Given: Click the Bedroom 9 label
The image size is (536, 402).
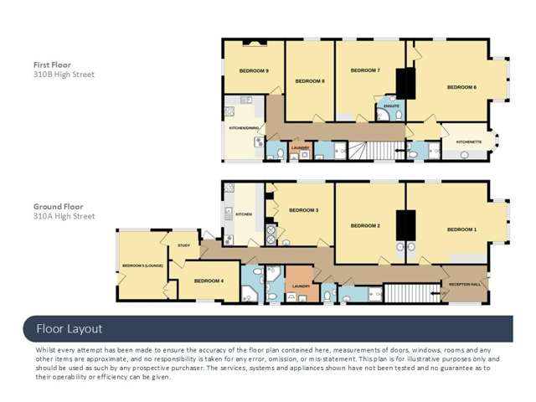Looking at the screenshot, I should click(254, 71).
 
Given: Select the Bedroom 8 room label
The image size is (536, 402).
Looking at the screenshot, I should click(310, 80).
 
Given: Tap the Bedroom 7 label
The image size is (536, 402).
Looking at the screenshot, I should click(365, 70).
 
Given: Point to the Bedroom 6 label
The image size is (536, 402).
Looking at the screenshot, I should click(461, 87).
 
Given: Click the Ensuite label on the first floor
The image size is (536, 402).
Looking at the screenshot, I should click(391, 106).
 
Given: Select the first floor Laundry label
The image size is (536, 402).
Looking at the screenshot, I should click(300, 147).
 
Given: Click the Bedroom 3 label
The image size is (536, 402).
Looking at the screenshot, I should click(303, 210).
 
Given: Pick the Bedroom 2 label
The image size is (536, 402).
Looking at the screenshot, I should click(365, 225).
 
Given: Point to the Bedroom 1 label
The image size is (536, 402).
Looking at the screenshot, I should click(461, 229).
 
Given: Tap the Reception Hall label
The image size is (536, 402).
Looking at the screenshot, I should click(464, 284).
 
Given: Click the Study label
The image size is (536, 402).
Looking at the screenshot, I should click(183, 245).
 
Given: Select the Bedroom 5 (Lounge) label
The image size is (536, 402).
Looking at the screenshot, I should click(142, 265).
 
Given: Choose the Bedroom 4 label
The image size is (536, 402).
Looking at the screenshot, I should click(209, 281).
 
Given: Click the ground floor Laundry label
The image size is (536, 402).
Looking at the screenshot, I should click(301, 286).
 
